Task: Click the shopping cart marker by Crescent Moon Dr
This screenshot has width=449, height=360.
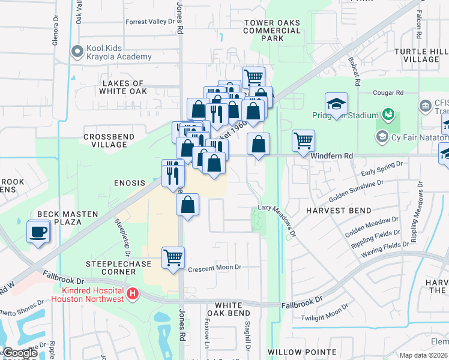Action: [173, 258]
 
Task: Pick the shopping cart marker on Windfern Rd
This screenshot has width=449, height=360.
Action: [303, 141]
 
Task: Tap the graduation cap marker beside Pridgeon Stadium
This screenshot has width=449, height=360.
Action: [337, 103]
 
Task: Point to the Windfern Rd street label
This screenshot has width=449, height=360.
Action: [331, 155]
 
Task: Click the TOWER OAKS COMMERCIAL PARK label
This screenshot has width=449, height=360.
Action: [272, 30]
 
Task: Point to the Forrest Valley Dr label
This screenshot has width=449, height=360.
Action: [149, 22]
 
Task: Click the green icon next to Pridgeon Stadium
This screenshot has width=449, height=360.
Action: [388, 114]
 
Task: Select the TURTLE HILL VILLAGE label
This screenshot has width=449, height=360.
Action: [421, 56]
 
